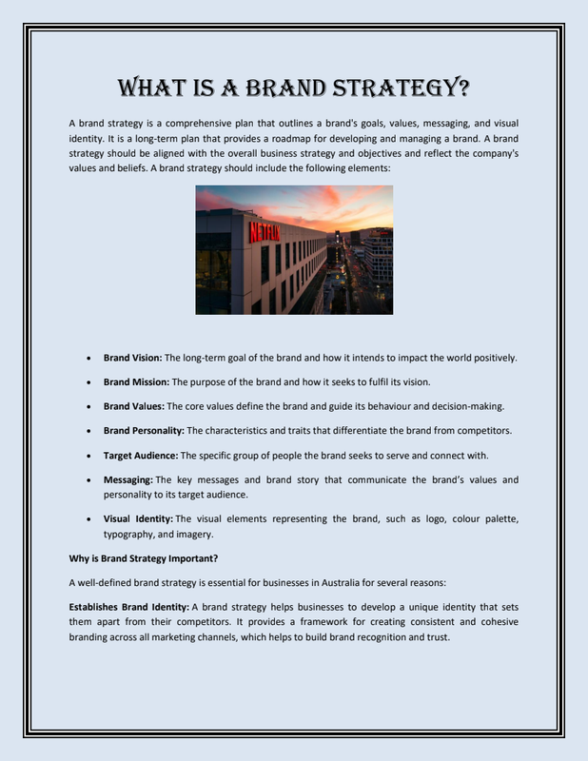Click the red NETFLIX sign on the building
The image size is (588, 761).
pos(265,232)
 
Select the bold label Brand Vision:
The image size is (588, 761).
pos(133,358)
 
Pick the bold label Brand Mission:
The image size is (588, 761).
pos(136,381)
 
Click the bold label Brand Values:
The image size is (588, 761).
pos(133,406)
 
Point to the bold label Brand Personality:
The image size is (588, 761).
pos(144,430)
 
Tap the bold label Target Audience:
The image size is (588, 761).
pos(140,455)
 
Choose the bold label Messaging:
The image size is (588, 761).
pos(128,479)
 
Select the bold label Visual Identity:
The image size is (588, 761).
pos(138,518)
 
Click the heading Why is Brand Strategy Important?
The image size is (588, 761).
pos(144,557)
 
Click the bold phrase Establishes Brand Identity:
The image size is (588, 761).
pos(129,606)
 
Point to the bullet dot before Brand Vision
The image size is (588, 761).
pos(88,359)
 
